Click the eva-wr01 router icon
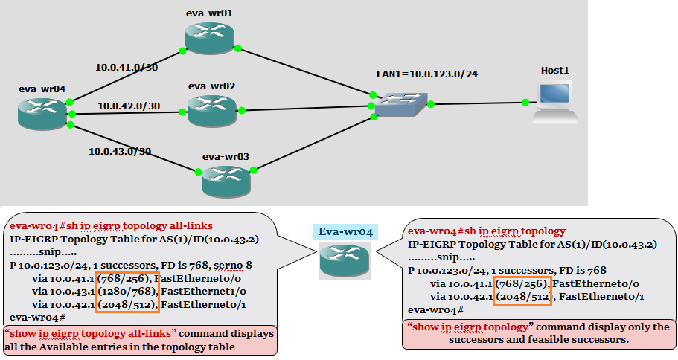coord(210,36)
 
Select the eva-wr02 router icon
coord(211,110)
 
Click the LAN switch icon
coord(400,105)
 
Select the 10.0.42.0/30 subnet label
coord(129,106)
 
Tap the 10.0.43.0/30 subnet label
coord(120,151)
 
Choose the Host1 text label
coord(554,70)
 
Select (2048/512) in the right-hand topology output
coord(524,297)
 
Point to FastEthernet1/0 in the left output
coord(196,291)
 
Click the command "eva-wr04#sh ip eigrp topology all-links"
coord(111,225)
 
